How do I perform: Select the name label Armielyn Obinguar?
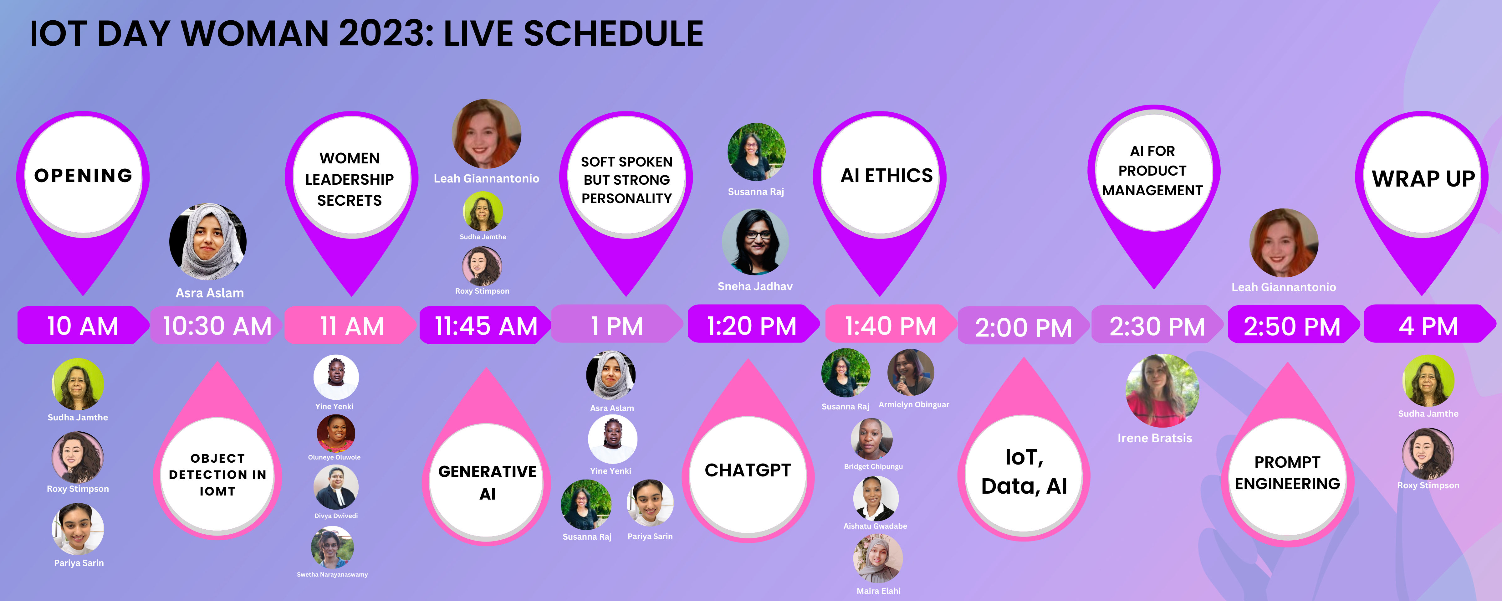coord(914,404)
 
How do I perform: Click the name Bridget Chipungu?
coord(873,466)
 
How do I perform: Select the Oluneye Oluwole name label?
coord(334,457)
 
